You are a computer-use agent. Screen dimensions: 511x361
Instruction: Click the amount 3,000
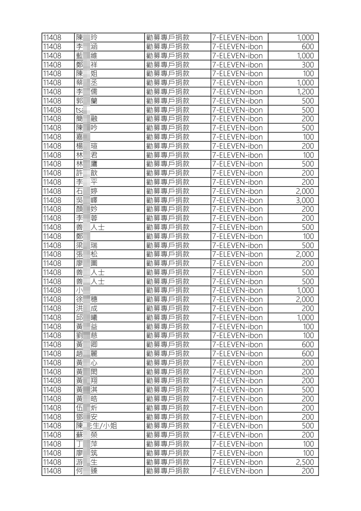point(305,200)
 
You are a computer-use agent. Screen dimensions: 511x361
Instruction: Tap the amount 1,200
point(305,92)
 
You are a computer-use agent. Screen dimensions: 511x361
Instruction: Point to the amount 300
point(308,65)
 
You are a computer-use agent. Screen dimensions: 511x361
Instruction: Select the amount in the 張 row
point(305,254)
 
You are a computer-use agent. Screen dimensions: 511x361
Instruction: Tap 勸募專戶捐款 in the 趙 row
point(168,354)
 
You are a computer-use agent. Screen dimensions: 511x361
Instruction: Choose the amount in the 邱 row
point(305,318)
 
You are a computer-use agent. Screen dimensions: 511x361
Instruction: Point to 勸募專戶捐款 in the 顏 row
point(168,209)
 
